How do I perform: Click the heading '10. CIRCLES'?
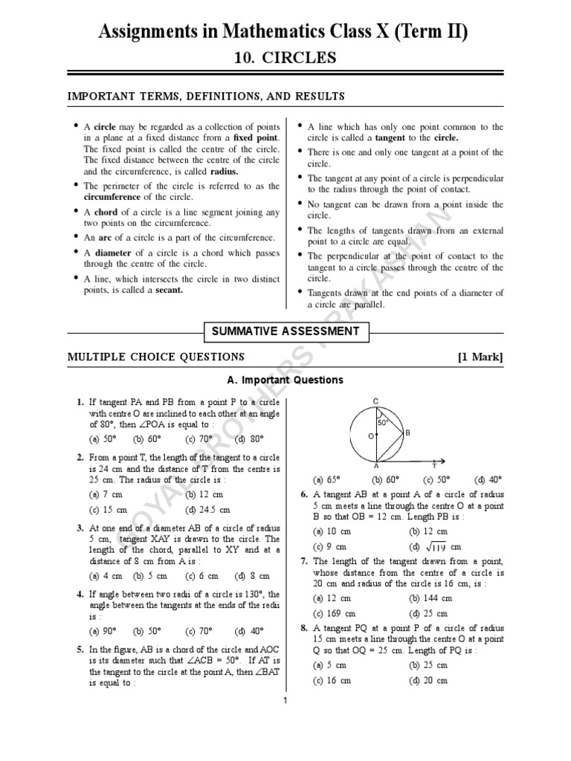click(285, 57)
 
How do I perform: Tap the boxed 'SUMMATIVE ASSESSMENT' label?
click(285, 331)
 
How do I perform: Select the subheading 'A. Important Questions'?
click(285, 380)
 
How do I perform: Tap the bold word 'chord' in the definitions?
click(106, 213)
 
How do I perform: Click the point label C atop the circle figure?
click(376, 401)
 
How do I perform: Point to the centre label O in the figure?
click(370, 436)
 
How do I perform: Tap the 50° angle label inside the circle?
click(383, 422)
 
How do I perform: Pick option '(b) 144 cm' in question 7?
click(430, 598)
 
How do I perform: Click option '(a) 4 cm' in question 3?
click(105, 575)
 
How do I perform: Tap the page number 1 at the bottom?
click(285, 700)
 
